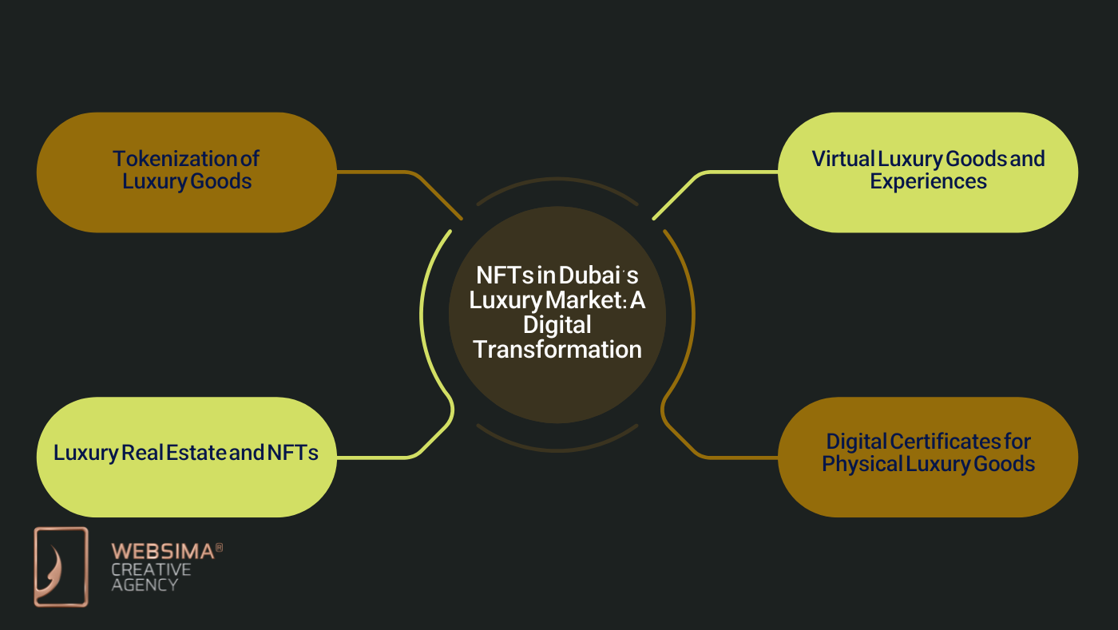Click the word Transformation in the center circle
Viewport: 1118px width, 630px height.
coord(557,350)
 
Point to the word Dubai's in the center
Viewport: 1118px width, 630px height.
coord(598,275)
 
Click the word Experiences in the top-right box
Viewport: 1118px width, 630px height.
coord(928,181)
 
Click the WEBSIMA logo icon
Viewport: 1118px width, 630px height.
coord(61,567)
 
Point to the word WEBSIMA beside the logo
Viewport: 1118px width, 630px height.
coord(162,551)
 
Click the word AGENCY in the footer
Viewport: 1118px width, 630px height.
coord(144,584)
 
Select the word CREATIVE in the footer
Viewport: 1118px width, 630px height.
coord(151,569)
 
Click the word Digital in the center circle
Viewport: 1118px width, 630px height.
coord(557,325)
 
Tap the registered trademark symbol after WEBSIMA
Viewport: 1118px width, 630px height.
coord(220,548)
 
